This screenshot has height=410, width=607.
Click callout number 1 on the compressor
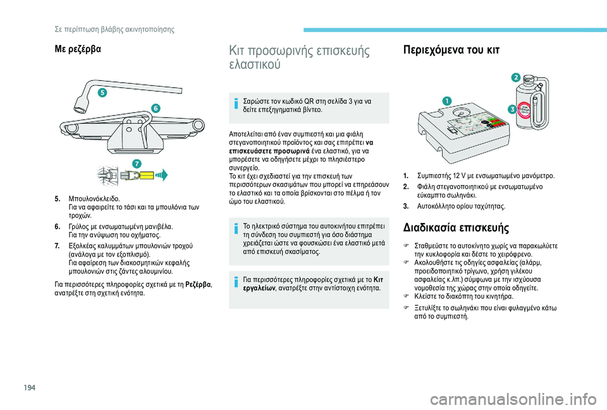[446, 100]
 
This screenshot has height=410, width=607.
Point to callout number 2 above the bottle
[516, 77]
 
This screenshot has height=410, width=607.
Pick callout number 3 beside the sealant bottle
[512, 109]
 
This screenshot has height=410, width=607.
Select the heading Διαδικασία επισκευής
[453, 228]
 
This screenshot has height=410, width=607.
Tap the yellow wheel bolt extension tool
[142, 175]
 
